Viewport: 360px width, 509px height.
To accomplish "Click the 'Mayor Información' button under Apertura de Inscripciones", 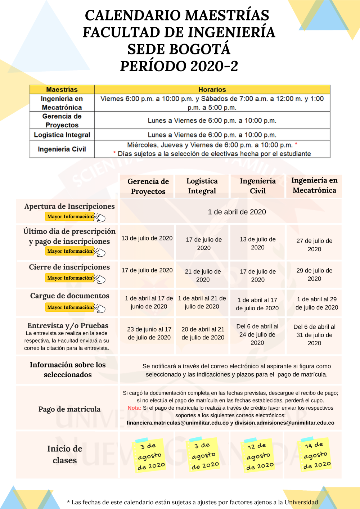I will [x=70, y=216].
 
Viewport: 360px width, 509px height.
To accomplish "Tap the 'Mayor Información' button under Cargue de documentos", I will [x=70, y=307].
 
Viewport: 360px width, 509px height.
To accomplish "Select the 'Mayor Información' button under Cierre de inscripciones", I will [x=70, y=278].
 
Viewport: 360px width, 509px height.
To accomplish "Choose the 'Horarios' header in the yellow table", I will [x=212, y=89].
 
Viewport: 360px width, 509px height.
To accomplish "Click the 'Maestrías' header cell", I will [x=62, y=89].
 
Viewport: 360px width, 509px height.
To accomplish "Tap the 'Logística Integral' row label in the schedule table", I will [x=62, y=135].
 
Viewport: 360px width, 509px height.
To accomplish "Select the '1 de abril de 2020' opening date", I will [x=237, y=212].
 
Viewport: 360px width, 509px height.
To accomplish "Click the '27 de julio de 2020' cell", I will [x=314, y=245].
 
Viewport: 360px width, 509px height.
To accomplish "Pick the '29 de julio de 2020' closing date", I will [x=314, y=274].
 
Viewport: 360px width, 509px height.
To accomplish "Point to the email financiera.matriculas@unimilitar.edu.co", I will [x=177, y=423].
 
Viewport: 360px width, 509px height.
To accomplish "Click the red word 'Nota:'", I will [x=134, y=408].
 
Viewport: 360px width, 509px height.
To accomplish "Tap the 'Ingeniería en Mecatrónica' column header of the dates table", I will [x=314, y=185].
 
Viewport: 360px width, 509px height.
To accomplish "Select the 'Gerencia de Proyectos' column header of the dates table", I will [x=148, y=186].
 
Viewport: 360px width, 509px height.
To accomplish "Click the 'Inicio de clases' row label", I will [x=65, y=454].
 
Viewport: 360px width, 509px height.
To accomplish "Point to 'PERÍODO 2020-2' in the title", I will [x=179, y=66].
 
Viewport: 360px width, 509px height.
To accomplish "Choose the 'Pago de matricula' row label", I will [x=69, y=409].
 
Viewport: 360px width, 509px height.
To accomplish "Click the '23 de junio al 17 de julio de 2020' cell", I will [x=149, y=333].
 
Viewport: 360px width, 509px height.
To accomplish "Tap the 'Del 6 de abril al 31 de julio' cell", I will [x=314, y=335].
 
